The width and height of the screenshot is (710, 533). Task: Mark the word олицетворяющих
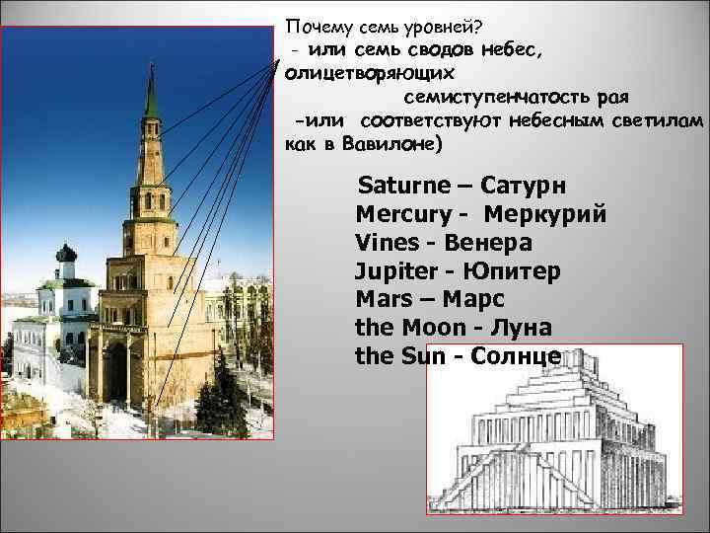370,73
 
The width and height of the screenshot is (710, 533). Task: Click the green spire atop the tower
151,94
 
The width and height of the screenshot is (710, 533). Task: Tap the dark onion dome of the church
67,255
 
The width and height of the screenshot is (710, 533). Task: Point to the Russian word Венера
489,242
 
